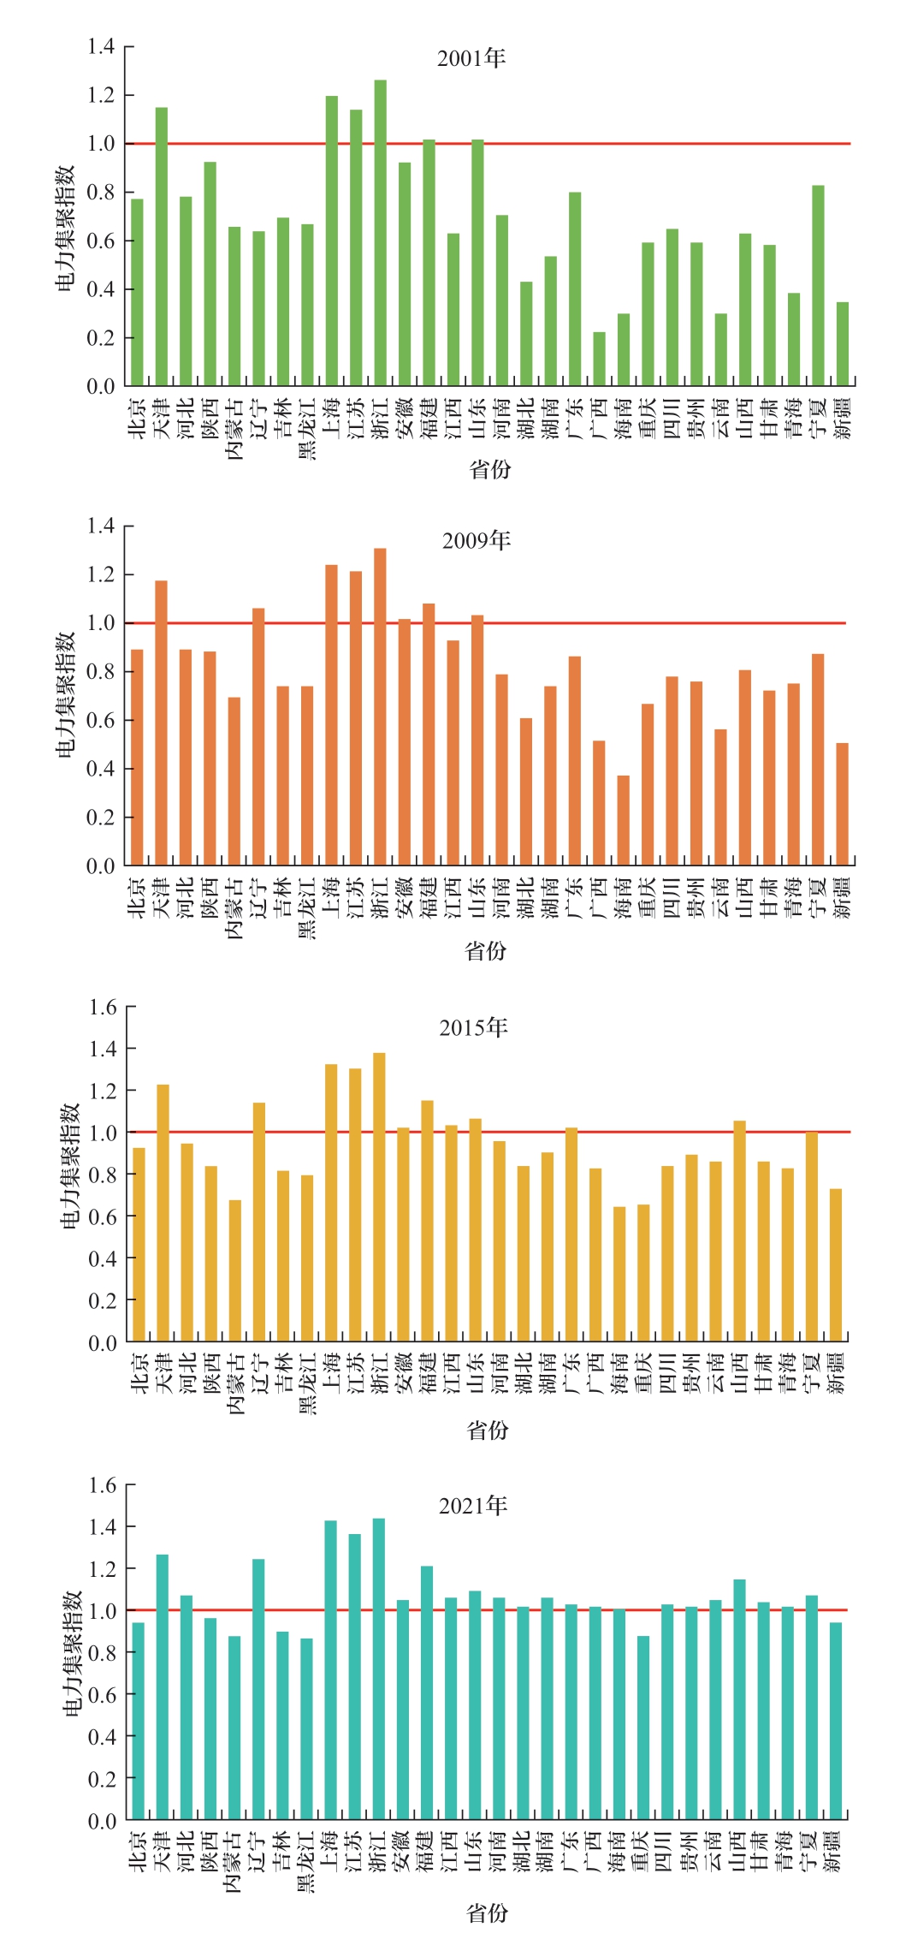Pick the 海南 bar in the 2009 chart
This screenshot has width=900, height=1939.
tap(623, 820)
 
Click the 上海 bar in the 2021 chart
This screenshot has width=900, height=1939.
tap(330, 1669)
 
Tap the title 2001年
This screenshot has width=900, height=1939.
tap(471, 58)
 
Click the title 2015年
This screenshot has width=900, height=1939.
tap(473, 1027)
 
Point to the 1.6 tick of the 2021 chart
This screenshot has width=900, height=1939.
tap(102, 1485)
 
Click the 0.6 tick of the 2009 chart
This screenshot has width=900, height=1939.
tap(100, 721)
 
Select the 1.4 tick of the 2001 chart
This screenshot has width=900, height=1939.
tap(100, 46)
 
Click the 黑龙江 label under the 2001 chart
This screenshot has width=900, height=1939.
tap(307, 428)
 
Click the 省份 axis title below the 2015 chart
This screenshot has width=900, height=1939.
tap(488, 1430)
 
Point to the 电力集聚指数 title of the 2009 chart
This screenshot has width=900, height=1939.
tap(66, 695)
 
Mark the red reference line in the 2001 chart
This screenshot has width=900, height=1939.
tap(513, 144)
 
